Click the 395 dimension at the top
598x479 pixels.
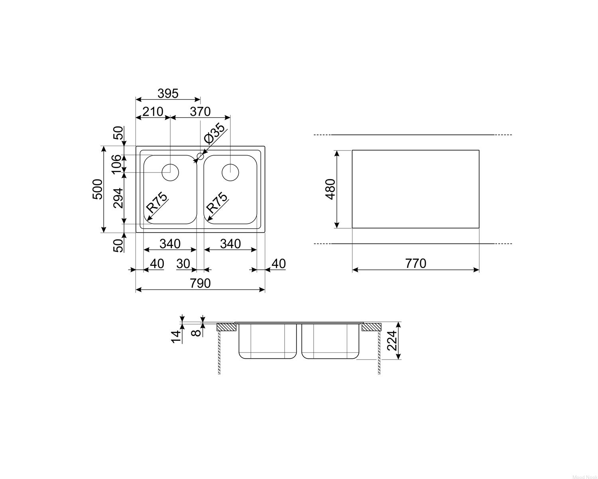coord(168,93)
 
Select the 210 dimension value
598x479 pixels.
coord(153,112)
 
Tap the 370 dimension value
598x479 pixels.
coord(200,112)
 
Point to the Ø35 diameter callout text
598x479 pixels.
coord(214,133)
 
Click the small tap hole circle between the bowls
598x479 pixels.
coord(201,156)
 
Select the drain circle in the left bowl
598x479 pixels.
coord(170,172)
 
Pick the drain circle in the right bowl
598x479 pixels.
coord(230,172)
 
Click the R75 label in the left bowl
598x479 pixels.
coord(157,202)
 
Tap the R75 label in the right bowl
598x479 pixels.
coord(217,202)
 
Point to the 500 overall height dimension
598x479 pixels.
coord(97,189)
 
